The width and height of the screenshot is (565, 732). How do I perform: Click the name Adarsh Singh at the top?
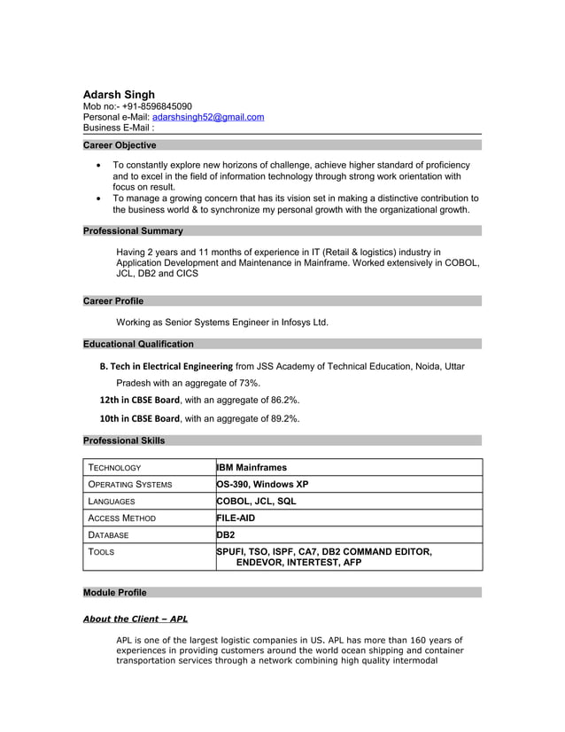pyautogui.click(x=119, y=94)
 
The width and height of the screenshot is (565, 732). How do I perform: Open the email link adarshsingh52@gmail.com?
pyautogui.click(x=208, y=117)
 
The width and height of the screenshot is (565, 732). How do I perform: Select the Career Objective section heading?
pyautogui.click(x=120, y=145)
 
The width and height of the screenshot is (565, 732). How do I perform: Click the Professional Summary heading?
pyautogui.click(x=133, y=231)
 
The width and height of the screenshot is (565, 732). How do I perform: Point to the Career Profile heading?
pyautogui.click(x=113, y=301)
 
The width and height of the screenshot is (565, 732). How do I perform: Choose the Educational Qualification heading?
pyautogui.click(x=138, y=344)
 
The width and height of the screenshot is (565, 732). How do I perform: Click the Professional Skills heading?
pyautogui.click(x=124, y=440)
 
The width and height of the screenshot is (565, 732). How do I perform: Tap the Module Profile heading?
pyautogui.click(x=115, y=593)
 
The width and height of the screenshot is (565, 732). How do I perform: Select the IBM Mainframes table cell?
pyautogui.click(x=252, y=467)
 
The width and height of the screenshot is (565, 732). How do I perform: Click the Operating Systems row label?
pyautogui.click(x=129, y=485)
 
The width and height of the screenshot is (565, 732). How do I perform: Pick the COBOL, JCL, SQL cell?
pyautogui.click(x=257, y=502)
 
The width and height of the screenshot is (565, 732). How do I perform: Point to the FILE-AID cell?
pyautogui.click(x=236, y=518)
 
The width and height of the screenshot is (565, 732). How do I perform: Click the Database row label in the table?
pyautogui.click(x=108, y=535)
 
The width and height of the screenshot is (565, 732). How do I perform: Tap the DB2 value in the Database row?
pyautogui.click(x=226, y=535)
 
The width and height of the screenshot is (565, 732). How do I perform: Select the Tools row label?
pyautogui.click(x=100, y=552)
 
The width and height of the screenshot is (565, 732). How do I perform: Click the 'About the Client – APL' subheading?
pyautogui.click(x=135, y=619)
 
